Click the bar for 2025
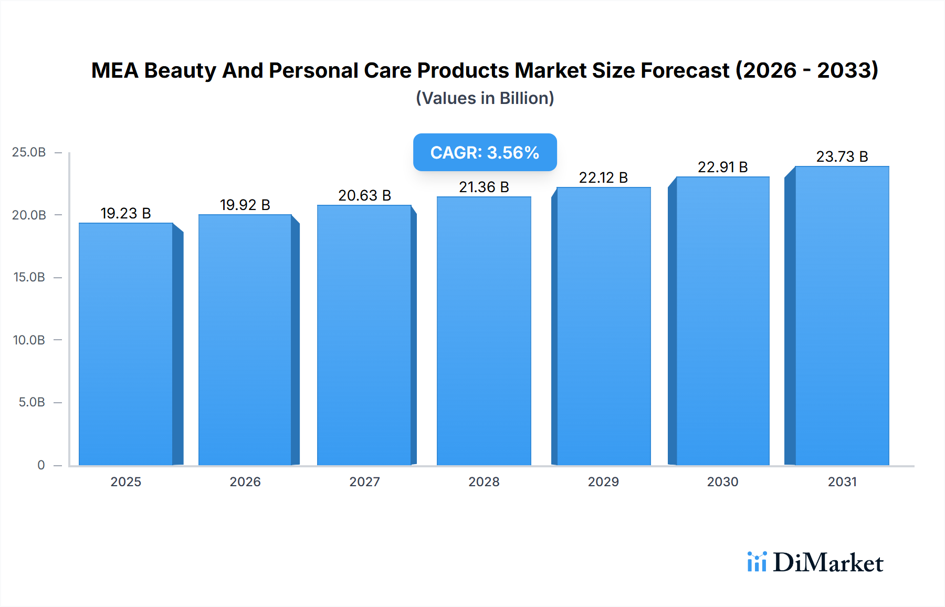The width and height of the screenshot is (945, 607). [126, 344]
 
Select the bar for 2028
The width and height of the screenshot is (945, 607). [484, 331]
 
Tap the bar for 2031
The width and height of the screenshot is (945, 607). [842, 315]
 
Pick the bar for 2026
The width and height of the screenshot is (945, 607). [245, 340]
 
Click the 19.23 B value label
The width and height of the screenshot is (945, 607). [126, 213]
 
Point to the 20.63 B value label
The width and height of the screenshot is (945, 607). [365, 195]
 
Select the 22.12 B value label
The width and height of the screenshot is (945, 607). [603, 177]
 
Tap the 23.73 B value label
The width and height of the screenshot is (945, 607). [842, 156]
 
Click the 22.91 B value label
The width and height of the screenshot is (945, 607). [722, 167]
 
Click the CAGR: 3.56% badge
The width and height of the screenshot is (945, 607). [485, 152]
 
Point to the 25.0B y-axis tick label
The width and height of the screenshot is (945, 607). [29, 152]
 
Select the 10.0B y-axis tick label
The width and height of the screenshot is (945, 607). [29, 340]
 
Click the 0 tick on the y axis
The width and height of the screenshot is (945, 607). [41, 465]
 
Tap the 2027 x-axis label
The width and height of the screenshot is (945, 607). [365, 482]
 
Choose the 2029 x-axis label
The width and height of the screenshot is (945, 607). [603, 482]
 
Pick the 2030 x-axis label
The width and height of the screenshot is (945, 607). [722, 482]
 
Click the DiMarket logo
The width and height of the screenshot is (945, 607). [815, 562]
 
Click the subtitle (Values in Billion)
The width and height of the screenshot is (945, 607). [485, 98]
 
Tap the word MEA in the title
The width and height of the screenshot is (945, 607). [114, 70]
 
